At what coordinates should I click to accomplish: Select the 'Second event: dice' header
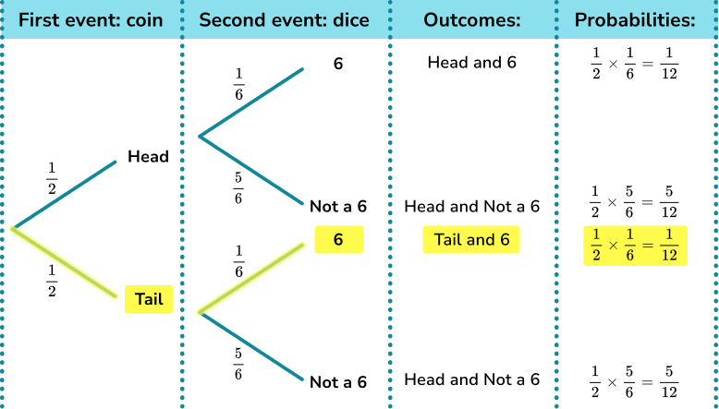point(285,19)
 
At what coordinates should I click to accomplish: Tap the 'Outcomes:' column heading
point(470,19)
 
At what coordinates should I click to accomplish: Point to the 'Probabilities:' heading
point(634,19)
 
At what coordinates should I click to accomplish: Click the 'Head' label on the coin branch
point(148,156)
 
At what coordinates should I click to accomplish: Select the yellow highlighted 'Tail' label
point(149,298)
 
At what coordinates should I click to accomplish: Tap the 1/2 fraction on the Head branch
point(52,178)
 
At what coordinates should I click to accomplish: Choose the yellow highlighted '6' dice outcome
point(338,240)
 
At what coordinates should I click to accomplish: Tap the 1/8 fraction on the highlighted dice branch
point(238,261)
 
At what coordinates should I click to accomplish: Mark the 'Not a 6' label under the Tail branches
point(338,381)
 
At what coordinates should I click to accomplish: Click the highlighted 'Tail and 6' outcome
point(471,240)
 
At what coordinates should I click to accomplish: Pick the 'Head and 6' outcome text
point(471,63)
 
